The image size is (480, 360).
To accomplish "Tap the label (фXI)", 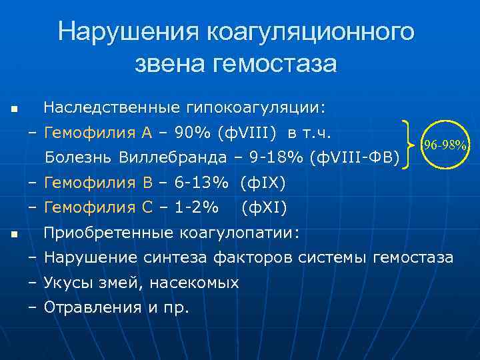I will tap(264, 209).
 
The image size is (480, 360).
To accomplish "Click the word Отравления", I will tap(88, 307).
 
